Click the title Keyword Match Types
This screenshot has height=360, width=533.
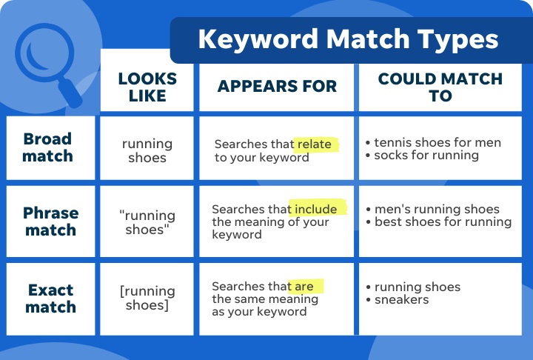point(348,40)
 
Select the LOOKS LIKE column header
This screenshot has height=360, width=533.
point(147,86)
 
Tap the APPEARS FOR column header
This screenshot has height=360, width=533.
point(277,86)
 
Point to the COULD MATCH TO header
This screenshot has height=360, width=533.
point(440,87)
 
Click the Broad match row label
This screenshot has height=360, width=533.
point(48,147)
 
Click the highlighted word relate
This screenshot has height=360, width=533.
point(315,144)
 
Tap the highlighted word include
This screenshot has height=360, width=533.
point(318,209)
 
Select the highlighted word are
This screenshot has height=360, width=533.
point(306,286)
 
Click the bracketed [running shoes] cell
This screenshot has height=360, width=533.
point(147,297)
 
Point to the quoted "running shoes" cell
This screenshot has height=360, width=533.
point(147,222)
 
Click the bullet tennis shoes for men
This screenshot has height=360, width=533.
point(438,142)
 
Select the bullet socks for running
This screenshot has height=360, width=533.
point(426,156)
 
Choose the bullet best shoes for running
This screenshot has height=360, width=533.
point(443,221)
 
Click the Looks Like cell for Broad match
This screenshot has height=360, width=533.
point(147,150)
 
